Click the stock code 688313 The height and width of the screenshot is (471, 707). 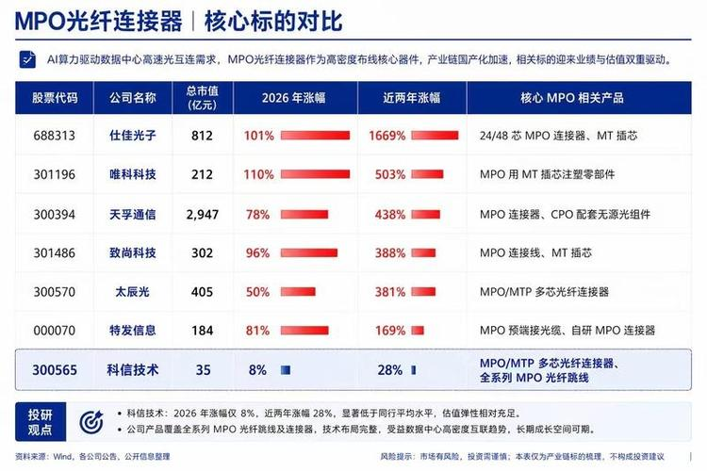point(54,136)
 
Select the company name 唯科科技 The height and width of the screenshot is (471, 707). point(133,174)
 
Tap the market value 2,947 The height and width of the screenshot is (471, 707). point(203,215)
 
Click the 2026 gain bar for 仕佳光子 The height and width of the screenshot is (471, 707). point(315,136)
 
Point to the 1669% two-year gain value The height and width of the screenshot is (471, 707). point(387,136)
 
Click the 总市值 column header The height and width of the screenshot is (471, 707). point(203,98)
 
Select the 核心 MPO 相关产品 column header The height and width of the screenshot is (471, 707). point(572,98)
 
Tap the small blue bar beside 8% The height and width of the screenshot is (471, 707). point(286,370)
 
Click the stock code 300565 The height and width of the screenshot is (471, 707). point(55,370)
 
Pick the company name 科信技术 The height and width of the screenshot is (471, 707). point(133,370)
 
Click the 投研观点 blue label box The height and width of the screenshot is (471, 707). point(41,422)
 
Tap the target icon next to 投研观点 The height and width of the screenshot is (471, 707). point(91,422)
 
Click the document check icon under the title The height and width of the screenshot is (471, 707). point(27,59)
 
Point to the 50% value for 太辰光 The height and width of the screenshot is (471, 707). point(257,292)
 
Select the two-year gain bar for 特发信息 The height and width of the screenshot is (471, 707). point(418,331)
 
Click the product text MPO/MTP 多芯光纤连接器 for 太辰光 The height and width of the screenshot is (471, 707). point(544,292)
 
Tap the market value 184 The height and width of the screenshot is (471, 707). point(202,331)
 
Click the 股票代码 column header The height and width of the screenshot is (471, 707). point(55,98)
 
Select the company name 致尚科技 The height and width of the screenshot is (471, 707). point(133,252)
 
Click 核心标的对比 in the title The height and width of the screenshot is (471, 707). point(273,21)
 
